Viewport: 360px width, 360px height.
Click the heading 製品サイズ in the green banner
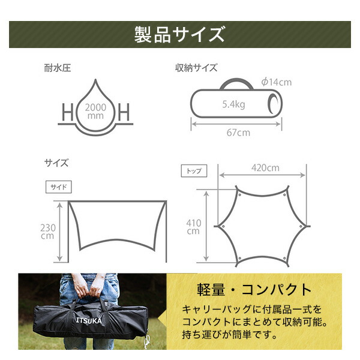point(179,34)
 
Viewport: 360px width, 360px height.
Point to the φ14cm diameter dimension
point(276,82)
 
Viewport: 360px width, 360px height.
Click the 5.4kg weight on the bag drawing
point(233,104)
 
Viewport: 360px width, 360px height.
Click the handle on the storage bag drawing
point(235,83)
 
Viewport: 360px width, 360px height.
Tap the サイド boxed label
point(58,187)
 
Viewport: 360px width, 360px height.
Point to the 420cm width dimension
point(266,167)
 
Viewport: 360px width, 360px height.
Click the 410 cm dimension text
point(194,226)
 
